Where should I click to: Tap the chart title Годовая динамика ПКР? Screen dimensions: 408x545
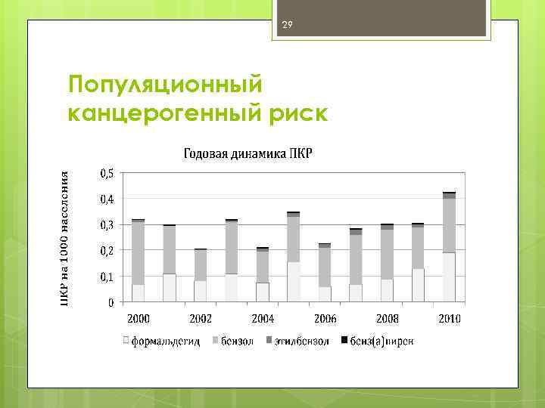click(248, 154)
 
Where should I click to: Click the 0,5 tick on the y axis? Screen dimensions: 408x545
click(107, 173)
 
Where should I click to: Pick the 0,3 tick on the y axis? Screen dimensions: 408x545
click(107, 224)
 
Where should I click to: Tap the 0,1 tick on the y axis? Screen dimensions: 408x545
click(107, 277)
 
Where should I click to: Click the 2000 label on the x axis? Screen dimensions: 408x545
click(139, 317)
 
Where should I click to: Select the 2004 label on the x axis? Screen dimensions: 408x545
click(262, 317)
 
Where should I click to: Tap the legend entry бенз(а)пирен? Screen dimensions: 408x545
click(381, 341)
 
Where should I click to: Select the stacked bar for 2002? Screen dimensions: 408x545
click(201, 275)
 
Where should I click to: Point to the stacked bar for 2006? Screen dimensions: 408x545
click(325, 273)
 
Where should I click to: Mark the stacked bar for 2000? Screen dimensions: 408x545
click(139, 261)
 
